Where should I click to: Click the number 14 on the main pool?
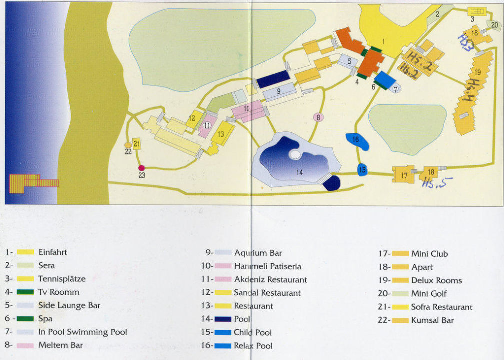tap(299, 172)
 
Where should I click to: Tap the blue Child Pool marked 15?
tap(362, 170)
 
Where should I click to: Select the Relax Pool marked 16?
tap(357, 141)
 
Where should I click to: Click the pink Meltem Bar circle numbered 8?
tap(318, 117)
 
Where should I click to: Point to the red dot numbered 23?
tap(142, 168)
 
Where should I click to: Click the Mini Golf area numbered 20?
tap(494, 25)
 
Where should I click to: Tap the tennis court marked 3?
tap(477, 11)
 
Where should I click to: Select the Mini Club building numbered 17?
tap(404, 175)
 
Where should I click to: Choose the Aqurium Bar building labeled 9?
tap(279, 91)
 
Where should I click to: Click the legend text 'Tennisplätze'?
tap(62, 279)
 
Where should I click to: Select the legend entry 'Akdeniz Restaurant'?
tap(270, 280)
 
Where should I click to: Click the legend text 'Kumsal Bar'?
tap(432, 320)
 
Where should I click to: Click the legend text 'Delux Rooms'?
tap(436, 280)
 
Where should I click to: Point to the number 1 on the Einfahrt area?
tap(384, 42)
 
